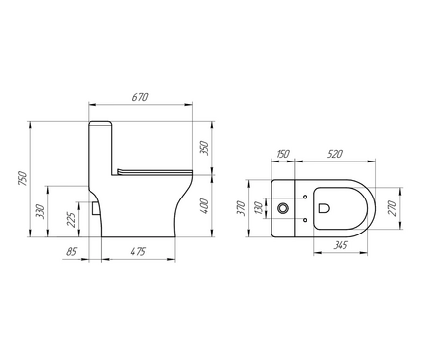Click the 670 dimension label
[x=140, y=97]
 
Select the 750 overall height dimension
[x=23, y=178]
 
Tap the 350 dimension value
[x=204, y=148]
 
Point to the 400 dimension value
[x=204, y=206]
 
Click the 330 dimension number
[x=40, y=211]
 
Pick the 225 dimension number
[x=72, y=219]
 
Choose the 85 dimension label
[x=72, y=252]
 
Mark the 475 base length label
[x=138, y=252]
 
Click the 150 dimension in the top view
[x=282, y=154]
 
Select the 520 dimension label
[x=334, y=154]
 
